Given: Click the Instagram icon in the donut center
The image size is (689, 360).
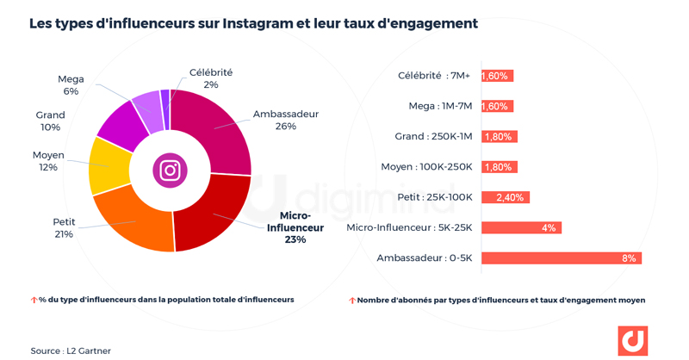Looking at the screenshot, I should [170, 170].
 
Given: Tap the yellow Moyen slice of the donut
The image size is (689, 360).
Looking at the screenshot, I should [109, 164].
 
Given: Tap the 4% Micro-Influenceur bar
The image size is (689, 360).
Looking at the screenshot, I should [521, 227].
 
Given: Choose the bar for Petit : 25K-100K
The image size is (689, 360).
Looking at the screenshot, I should [506, 197].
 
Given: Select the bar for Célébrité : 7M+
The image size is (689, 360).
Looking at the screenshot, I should [497, 76].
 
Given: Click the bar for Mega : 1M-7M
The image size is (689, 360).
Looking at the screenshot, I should [497, 106].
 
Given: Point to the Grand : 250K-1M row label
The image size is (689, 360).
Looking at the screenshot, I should [433, 136].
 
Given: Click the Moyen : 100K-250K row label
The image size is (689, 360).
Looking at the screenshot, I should [426, 166].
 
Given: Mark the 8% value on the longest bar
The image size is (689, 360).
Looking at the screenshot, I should [629, 258].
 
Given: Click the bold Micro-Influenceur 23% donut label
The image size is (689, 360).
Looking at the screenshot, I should [295, 228].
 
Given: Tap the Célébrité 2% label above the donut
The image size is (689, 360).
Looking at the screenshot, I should [210, 78].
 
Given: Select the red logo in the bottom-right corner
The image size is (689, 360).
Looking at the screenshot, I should [633, 341].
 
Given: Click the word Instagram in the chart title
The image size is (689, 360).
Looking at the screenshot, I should [262, 23].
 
